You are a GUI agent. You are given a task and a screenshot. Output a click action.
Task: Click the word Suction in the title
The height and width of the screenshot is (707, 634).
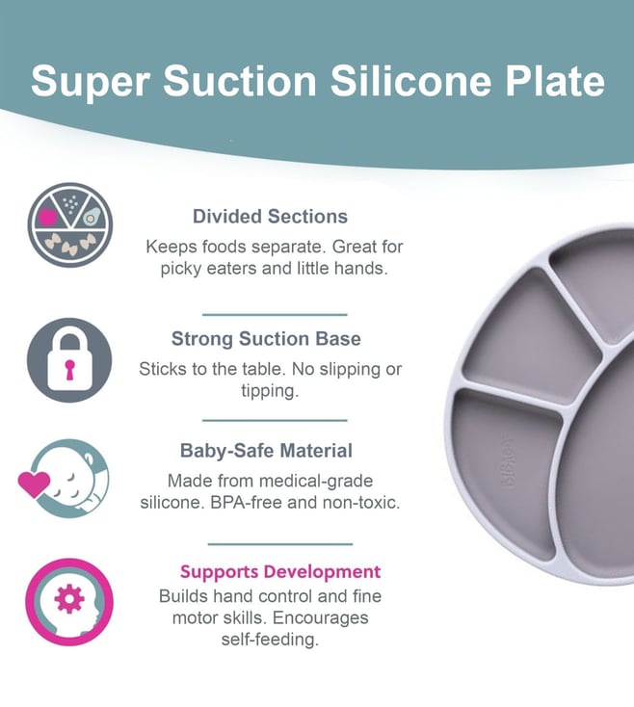point(239,81)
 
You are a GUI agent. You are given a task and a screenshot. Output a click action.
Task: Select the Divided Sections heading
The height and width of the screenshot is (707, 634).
point(270,217)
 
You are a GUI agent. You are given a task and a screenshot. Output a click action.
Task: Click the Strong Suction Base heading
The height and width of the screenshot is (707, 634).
point(266,339)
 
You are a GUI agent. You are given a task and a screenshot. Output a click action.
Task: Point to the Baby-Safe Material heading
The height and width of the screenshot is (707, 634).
point(266,451)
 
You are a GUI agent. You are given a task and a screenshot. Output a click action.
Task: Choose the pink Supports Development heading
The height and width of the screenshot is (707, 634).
point(280,572)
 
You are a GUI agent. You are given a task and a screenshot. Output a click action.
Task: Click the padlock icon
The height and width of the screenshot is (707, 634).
point(69,359)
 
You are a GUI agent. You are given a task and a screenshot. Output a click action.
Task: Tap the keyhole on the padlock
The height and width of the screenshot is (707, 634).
point(69,369)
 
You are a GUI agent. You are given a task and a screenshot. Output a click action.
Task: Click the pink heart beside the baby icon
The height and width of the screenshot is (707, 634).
point(35,484)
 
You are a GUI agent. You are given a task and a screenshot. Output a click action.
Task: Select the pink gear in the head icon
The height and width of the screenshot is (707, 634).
point(69,599)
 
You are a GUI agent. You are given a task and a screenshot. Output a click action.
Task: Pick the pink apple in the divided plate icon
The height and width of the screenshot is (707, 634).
point(47,216)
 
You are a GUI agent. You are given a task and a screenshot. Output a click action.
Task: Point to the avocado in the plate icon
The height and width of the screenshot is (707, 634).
point(92,217)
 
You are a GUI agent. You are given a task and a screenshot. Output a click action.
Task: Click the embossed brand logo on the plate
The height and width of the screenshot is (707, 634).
point(508,465)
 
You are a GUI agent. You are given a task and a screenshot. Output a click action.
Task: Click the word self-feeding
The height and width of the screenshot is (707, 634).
point(270,640)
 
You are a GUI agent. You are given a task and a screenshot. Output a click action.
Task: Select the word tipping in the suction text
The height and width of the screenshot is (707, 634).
point(270,391)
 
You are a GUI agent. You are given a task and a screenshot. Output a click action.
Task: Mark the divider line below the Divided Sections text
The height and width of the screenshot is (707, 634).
point(275,314)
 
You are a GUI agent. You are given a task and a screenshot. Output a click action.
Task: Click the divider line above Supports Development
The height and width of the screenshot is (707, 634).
point(280,544)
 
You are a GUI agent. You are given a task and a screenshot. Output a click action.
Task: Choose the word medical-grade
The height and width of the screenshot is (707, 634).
point(316,481)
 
